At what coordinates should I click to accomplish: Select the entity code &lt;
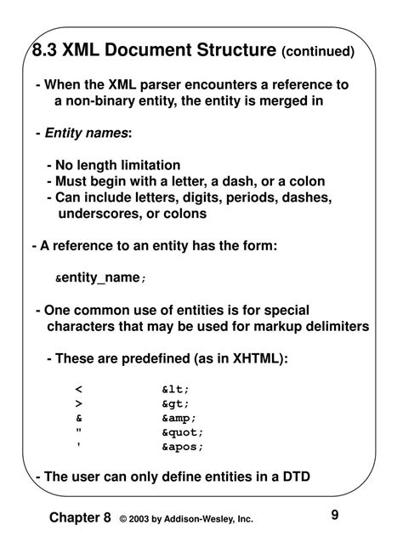(x=175, y=390)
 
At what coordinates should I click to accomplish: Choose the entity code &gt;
(x=175, y=404)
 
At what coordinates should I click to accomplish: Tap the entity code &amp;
(x=179, y=418)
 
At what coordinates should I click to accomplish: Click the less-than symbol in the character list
(x=78, y=390)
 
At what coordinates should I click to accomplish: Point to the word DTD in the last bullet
(x=294, y=477)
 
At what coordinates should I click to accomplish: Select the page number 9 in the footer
(x=335, y=514)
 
